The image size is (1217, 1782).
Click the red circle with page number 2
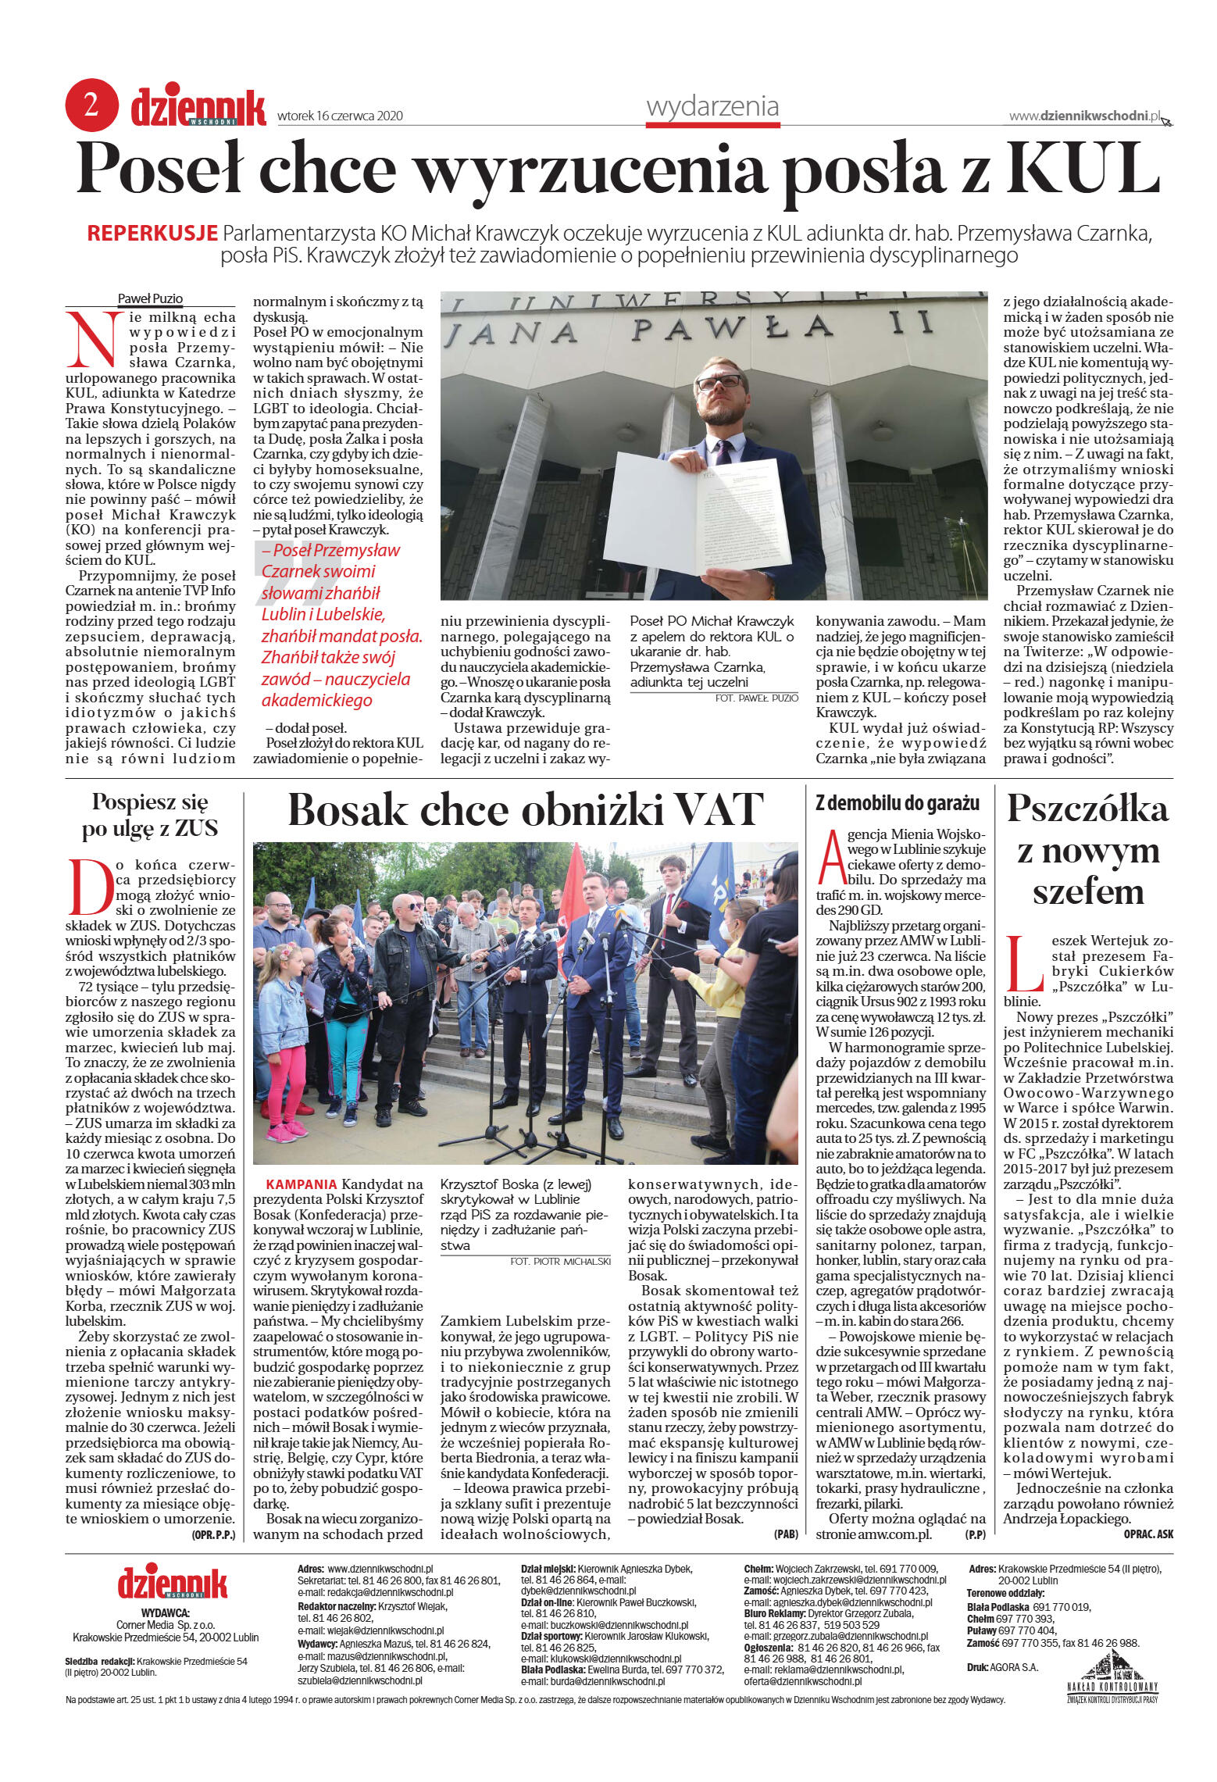(91, 105)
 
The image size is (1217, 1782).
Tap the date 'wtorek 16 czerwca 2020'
(340, 116)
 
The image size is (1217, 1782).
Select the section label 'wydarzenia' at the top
(712, 106)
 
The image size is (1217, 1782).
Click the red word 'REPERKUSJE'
(152, 233)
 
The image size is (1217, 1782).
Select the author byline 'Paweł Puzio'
(150, 298)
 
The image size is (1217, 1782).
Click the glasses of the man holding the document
(719, 383)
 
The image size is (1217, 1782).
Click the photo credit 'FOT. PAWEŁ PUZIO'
(756, 698)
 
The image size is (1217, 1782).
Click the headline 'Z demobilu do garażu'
(898, 803)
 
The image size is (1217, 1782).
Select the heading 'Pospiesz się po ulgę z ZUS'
(150, 815)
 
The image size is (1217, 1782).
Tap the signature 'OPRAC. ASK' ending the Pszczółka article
(1147, 1534)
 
